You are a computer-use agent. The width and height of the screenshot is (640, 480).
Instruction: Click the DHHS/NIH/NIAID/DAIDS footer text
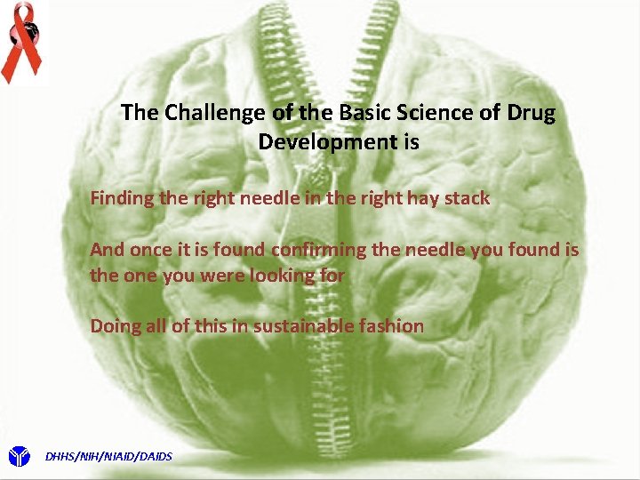click(x=108, y=457)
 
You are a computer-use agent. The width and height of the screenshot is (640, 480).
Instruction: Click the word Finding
click(x=123, y=198)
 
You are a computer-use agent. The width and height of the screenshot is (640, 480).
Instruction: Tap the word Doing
click(x=114, y=326)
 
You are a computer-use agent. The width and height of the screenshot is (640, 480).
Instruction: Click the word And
click(x=107, y=250)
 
